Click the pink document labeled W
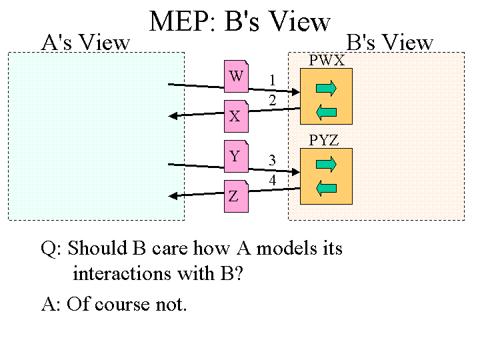[236, 77]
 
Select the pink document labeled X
[235, 116]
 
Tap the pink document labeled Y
[235, 157]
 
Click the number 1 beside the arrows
[273, 81]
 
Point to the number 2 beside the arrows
[273, 100]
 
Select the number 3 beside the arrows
[273, 160]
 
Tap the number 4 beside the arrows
[273, 180]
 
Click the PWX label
[327, 61]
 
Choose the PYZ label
[324, 141]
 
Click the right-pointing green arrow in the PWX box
[326, 87]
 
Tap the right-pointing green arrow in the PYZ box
[326, 164]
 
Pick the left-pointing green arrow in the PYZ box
[326, 189]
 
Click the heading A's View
[85, 43]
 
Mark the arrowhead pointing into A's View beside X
[174, 116]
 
